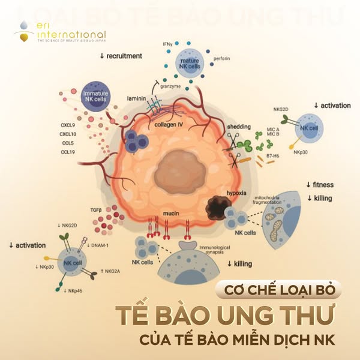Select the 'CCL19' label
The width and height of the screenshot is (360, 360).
coord(69,152)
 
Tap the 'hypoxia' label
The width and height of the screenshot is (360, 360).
coord(238,195)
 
